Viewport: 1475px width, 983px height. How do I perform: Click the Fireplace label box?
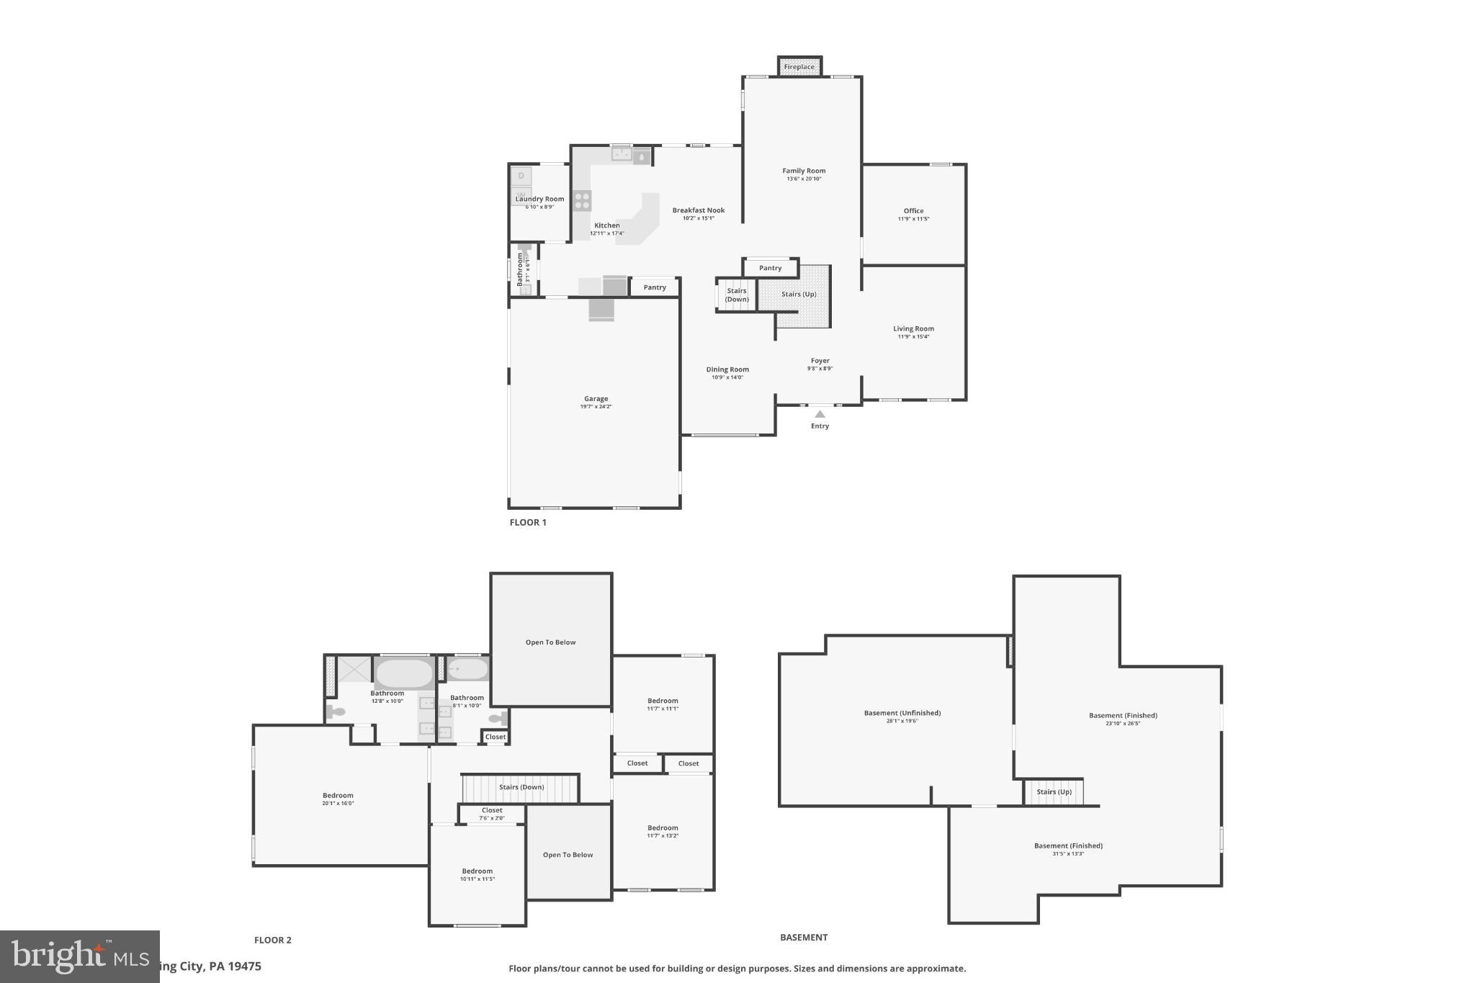799,67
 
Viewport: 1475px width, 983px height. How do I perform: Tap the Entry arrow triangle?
820,414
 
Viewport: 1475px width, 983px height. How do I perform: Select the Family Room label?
804,171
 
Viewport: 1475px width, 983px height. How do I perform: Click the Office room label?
913,212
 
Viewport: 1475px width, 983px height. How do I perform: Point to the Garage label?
596,399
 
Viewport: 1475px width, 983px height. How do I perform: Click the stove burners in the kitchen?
582,200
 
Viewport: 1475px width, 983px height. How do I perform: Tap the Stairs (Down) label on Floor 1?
736,295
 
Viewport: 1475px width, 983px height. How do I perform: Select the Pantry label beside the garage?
655,287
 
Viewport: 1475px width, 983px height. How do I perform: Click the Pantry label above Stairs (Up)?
770,268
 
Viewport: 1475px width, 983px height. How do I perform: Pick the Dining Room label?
727,370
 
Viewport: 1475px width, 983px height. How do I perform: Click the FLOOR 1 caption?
528,522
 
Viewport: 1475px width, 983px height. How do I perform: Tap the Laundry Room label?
539,199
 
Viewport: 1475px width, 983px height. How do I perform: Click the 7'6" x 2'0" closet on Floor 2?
492,814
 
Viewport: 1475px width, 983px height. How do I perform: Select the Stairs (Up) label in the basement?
1054,792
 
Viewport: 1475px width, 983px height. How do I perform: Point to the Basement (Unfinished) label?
902,713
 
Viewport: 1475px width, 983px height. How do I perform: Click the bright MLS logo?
79,956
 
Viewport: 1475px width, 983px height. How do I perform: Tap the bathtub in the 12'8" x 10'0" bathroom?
404,674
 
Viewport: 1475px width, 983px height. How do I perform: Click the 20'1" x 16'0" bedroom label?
338,796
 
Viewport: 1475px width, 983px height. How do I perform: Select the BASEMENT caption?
804,937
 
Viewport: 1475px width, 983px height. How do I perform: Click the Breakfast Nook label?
699,211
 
